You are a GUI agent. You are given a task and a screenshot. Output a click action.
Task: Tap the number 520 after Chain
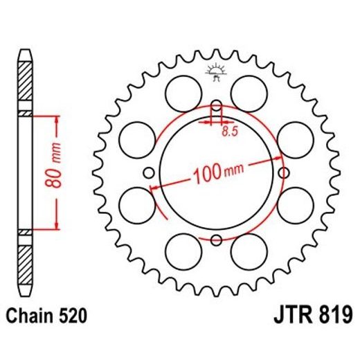pyautogui.click(x=71, y=318)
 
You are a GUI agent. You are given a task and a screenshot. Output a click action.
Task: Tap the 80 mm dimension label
pyautogui.click(x=57, y=172)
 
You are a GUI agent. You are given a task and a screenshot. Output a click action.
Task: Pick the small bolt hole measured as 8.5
pyautogui.click(x=216, y=107)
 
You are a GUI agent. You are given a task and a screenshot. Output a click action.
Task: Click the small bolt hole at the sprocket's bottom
pyautogui.click(x=216, y=240)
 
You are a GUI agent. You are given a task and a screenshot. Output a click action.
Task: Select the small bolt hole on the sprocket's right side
pyautogui.click(x=282, y=173)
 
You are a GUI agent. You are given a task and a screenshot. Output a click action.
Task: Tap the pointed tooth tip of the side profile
pyautogui.click(x=24, y=53)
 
